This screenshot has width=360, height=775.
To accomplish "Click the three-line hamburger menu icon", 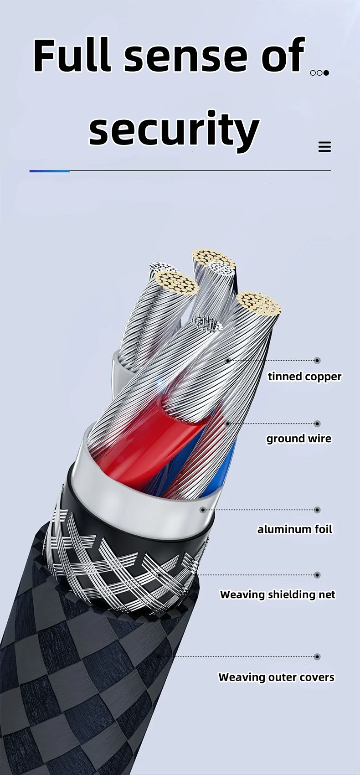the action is (x=324, y=147).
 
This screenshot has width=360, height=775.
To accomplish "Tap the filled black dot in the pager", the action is (x=326, y=73).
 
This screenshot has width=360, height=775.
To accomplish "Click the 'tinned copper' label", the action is (x=304, y=377).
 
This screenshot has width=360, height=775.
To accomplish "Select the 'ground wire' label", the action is (x=299, y=439).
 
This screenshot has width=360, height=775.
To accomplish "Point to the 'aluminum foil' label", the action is (x=295, y=529).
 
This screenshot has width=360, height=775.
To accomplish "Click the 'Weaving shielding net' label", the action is (x=278, y=594).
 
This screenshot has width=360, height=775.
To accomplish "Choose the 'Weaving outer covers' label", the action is (x=276, y=677).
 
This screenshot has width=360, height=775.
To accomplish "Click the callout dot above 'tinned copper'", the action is (x=317, y=361).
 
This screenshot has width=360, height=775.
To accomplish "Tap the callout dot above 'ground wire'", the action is (x=317, y=424).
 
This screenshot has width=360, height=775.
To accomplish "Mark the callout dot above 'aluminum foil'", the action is (x=317, y=510).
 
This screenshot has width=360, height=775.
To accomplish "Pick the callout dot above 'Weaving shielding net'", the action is (x=317, y=575).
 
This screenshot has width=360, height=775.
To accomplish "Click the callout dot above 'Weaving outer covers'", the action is (x=317, y=657).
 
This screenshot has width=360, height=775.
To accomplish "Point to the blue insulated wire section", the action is (x=228, y=460).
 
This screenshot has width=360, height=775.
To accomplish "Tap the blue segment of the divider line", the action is (x=49, y=171).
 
